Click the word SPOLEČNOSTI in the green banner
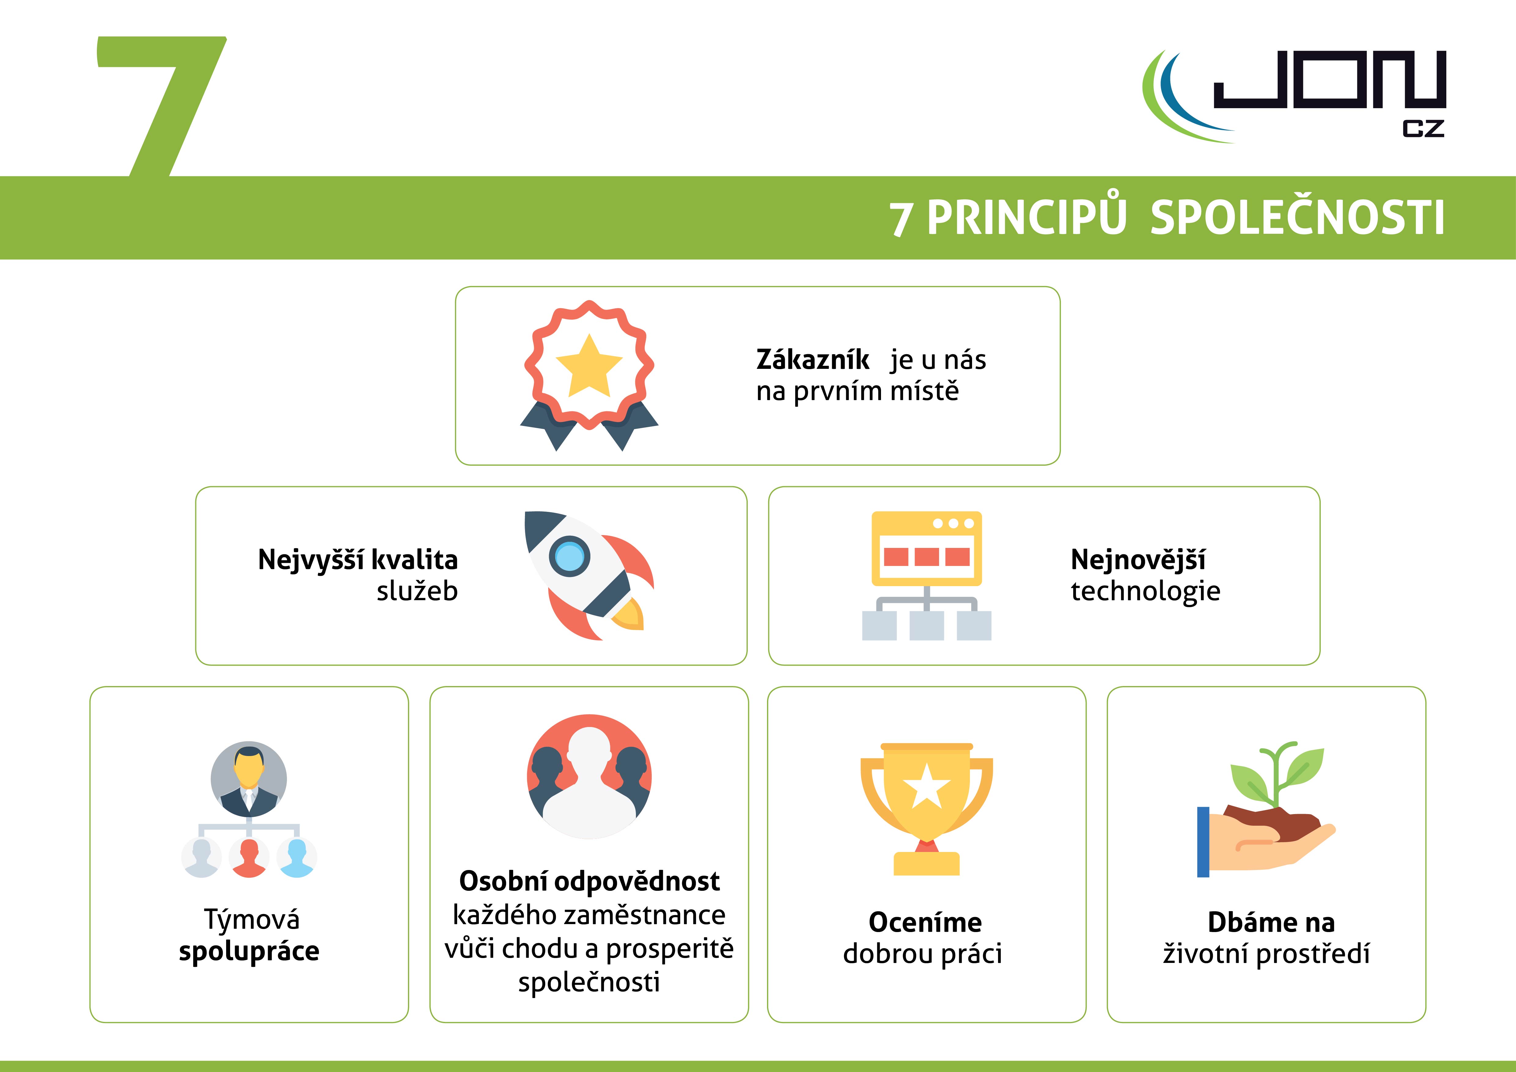pos(1298,218)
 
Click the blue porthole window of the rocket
pos(569,556)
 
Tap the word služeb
pos(417,591)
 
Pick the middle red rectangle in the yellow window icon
pos(926,556)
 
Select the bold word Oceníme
pos(925,922)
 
